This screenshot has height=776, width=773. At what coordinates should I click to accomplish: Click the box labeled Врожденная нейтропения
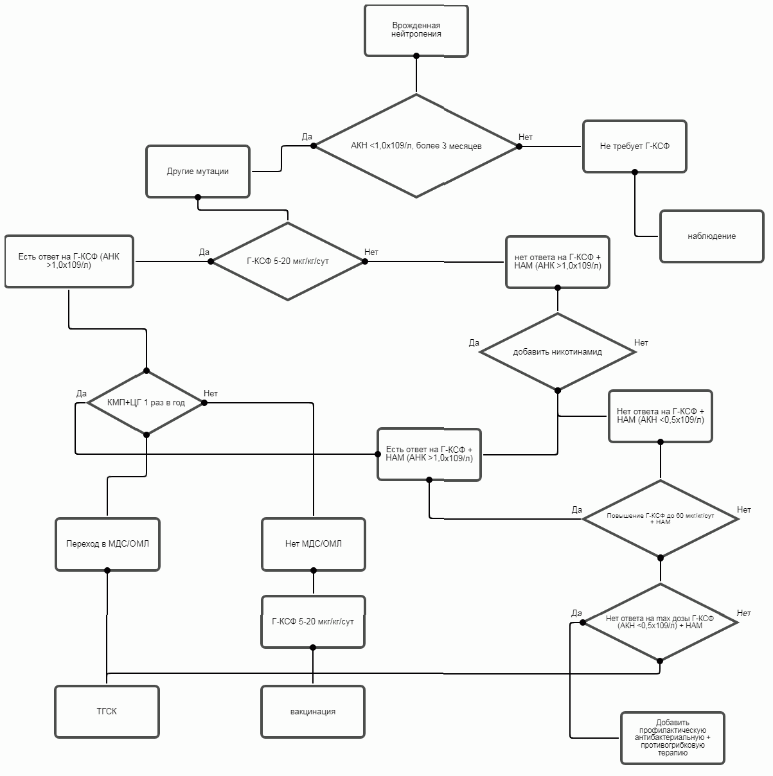(416, 30)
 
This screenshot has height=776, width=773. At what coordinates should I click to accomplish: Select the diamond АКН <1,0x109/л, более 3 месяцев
(416, 146)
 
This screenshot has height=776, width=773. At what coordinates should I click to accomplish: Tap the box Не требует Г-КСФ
(634, 146)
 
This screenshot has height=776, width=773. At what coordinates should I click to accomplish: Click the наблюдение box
(711, 236)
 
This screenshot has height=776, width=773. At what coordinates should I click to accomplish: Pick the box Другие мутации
(198, 172)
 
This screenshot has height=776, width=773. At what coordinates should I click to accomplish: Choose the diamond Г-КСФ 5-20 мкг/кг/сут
(288, 261)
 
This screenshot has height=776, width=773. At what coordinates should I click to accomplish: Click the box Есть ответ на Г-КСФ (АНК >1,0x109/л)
(69, 261)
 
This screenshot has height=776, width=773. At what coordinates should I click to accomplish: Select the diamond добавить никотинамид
(557, 351)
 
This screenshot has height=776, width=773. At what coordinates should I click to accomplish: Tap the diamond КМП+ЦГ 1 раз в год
(146, 403)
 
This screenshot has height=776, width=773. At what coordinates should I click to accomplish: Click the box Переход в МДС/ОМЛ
(107, 544)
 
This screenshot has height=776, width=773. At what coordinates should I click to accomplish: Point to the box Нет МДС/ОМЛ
(314, 544)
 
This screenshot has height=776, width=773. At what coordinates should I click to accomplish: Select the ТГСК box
(107, 712)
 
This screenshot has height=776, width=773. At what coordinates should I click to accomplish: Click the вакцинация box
(313, 712)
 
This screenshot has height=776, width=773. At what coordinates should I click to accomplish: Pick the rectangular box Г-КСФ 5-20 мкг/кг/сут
(313, 622)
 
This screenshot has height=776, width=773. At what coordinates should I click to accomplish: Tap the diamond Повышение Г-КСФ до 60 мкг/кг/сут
(660, 518)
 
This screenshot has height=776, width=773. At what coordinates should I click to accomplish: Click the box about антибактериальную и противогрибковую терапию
(673, 738)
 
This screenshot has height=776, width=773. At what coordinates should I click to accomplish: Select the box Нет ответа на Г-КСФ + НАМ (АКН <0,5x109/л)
(660, 416)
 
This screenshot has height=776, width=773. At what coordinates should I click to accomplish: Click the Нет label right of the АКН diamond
(526, 137)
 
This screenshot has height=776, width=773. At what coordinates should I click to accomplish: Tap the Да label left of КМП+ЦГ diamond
(81, 393)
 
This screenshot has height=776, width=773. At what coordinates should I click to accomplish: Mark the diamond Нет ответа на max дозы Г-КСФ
(660, 622)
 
